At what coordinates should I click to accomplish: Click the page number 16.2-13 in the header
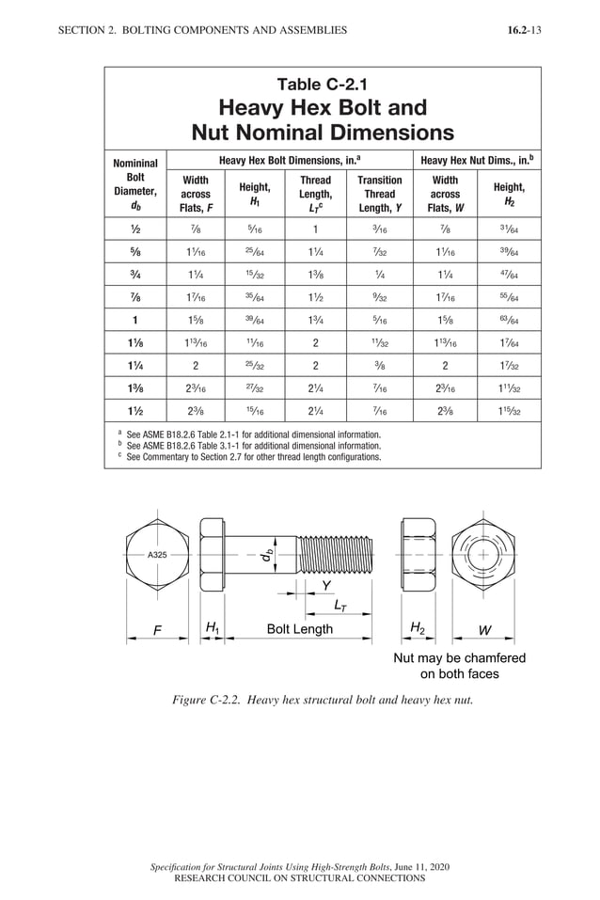point(523,30)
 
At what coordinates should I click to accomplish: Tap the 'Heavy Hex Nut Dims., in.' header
point(477,161)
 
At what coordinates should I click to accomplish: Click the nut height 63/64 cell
point(509,319)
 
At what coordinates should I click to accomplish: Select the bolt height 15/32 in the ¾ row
point(254,274)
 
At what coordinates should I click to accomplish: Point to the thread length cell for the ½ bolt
point(315,229)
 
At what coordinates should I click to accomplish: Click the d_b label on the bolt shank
point(268,557)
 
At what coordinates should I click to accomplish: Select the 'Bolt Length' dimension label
point(299,629)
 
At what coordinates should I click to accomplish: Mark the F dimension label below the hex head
point(157,631)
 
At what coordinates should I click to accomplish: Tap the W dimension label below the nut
point(484,630)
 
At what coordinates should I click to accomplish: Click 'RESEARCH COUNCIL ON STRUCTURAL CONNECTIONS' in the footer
point(300,878)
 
